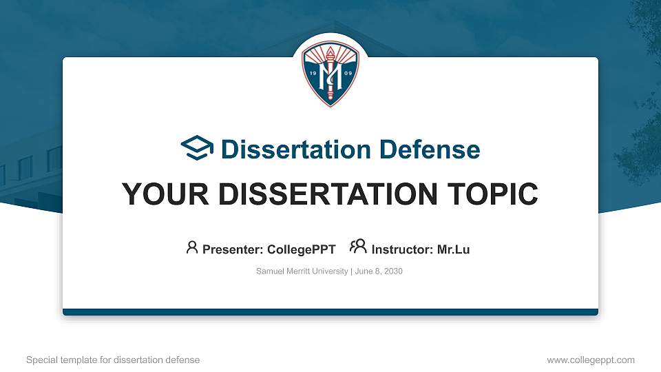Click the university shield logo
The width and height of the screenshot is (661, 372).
330,73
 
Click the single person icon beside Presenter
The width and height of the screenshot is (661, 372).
192,247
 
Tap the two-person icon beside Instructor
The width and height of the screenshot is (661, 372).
358,247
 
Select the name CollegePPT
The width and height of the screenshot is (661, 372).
302,249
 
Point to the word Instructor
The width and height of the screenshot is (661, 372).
401,249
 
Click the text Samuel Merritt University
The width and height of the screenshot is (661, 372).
302,271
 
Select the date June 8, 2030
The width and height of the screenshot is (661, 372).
379,271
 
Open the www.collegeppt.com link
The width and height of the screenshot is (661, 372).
591,360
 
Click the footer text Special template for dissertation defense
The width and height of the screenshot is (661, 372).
113,360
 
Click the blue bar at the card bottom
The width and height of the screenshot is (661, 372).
330,312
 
